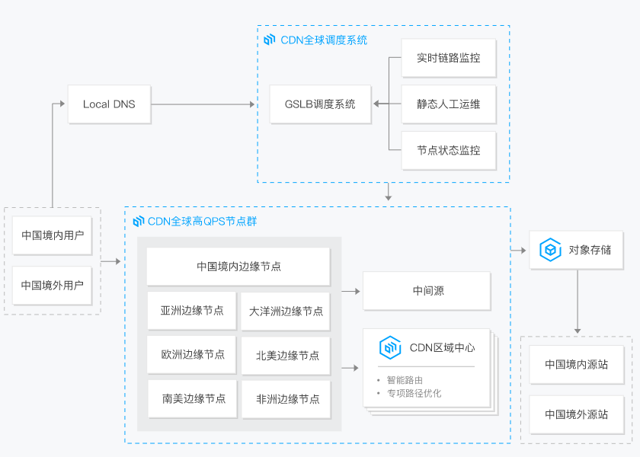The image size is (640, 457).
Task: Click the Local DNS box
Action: (109, 104)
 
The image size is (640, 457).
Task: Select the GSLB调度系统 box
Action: (320, 104)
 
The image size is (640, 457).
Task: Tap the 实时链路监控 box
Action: (448, 58)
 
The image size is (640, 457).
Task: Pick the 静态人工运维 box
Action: (448, 104)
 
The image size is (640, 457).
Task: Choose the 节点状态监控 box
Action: (448, 150)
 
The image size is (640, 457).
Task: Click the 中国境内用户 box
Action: (52, 235)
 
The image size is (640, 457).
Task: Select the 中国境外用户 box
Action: (52, 286)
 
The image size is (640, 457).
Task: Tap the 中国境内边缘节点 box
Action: (238, 267)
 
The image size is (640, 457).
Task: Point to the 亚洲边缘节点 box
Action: (192, 311)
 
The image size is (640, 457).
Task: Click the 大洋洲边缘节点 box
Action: (286, 311)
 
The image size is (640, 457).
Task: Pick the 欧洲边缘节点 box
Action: (192, 355)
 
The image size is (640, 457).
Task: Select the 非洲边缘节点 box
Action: (286, 399)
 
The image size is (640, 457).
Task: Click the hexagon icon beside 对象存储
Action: (550, 250)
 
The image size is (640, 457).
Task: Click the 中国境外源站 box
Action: (576, 415)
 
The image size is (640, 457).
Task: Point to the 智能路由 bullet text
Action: (405, 380)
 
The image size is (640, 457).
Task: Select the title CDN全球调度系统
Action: (323, 40)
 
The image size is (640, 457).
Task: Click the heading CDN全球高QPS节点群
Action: (202, 222)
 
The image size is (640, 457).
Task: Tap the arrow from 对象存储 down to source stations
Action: (577, 301)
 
